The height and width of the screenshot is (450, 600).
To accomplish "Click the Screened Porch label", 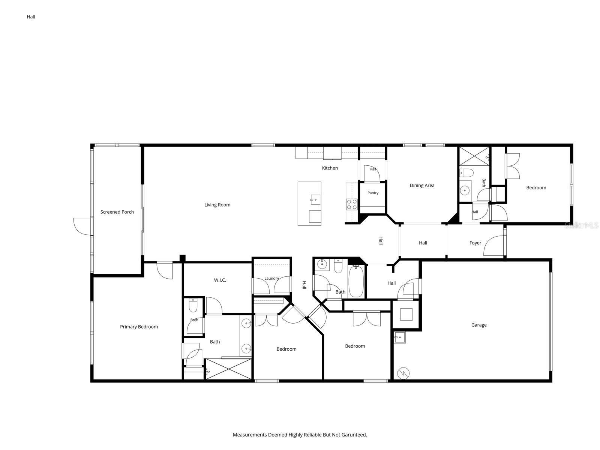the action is coord(117,212).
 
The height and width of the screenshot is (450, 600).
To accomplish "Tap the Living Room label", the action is coord(217,205).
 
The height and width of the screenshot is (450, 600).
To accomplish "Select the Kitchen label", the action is coord(330,168).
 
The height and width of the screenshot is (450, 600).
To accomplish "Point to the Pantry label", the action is coord(373,193).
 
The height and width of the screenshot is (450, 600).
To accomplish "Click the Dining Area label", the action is coord(422,185).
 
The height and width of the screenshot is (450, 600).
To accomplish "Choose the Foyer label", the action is coord(475,243).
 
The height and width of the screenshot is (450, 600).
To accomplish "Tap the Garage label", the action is coord(478,325).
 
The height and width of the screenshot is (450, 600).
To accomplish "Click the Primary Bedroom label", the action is coord(139,327).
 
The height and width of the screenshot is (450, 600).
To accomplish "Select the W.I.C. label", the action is coord(220,280).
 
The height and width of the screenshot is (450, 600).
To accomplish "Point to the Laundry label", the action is coord(271,278).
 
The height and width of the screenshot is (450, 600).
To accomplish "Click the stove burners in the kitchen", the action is coord(351,204).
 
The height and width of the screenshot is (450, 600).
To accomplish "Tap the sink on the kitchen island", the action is coord(315,200).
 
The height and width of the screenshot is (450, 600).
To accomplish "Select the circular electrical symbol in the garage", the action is coord(403,373).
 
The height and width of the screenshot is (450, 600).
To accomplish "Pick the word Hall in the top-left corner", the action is coord(31,17).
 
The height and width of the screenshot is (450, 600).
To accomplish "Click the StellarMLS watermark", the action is coord(581,225).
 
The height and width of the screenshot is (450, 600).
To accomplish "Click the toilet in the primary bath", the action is coord(193,305).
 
